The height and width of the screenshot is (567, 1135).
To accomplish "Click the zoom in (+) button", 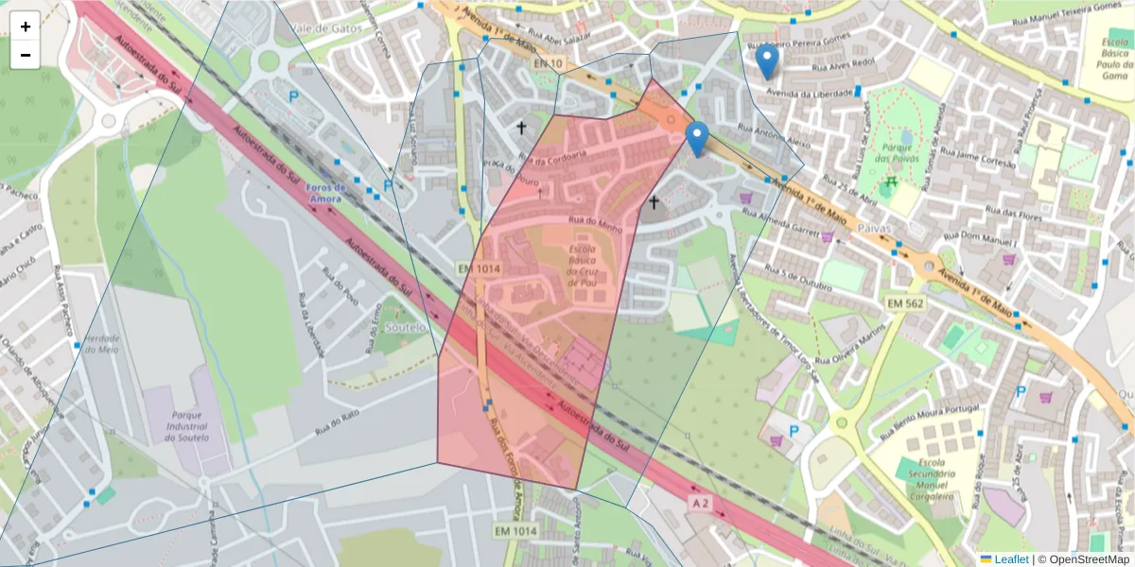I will point(26,26).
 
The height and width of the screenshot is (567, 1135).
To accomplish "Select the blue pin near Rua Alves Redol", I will point(768,62).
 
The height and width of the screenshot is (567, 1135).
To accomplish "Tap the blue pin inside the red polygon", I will point(697,140).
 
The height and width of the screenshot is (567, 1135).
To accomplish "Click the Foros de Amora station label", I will point(326,192).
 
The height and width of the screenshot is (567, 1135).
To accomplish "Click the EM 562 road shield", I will point(905,302).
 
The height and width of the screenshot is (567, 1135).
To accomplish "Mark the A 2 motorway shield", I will point(699,504).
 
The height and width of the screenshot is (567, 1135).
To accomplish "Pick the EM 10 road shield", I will point(547,63).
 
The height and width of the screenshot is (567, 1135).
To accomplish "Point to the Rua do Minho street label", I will point(594,225).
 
